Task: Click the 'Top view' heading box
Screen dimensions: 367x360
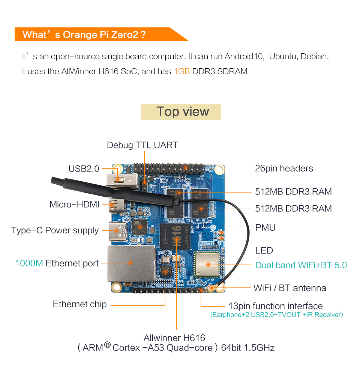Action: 181,112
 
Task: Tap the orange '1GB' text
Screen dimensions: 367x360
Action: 182,71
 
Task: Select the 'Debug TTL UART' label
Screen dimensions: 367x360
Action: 142,145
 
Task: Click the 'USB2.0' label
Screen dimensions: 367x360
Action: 84,169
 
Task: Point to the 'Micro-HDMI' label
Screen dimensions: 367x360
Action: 74,205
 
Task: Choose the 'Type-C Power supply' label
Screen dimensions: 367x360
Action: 55,230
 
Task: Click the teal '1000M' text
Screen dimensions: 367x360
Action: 29,263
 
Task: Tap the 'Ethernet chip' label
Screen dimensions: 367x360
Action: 79,304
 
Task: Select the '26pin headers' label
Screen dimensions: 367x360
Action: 284,168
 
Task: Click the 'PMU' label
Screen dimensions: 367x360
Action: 265,227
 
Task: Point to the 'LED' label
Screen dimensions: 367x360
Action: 264,250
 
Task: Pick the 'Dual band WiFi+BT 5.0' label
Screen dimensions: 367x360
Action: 301,265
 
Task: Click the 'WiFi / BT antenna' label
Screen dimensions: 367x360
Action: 290,288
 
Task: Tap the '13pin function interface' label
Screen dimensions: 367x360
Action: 276,306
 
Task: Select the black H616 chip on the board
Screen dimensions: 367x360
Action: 175,239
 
